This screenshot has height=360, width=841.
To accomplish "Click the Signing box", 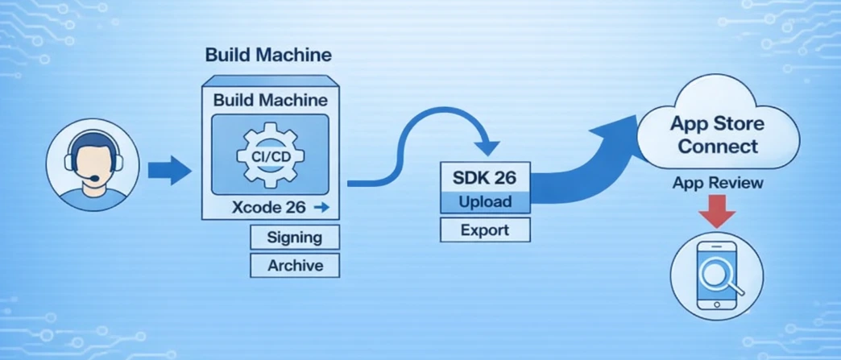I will pyautogui.click(x=294, y=238).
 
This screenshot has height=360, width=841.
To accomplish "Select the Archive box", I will pyautogui.click(x=295, y=265).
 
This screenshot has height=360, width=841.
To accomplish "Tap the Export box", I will pyautogui.click(x=484, y=230).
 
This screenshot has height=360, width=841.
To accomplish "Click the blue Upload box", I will pyautogui.click(x=485, y=201).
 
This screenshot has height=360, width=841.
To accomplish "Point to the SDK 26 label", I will pyautogui.click(x=485, y=175).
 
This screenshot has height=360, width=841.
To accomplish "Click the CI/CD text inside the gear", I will pyautogui.click(x=269, y=154).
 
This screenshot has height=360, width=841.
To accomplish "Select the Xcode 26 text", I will pyautogui.click(x=268, y=207).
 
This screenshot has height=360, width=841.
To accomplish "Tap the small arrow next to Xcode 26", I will pyautogui.click(x=321, y=207).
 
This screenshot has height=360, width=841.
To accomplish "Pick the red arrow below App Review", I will pyautogui.click(x=716, y=212).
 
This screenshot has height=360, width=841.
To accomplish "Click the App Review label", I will pyautogui.click(x=717, y=184).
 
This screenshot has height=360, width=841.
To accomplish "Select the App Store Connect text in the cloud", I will pyautogui.click(x=717, y=135).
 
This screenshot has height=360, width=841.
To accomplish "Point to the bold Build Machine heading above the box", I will pyautogui.click(x=268, y=56).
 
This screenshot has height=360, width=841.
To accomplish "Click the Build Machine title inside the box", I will pyautogui.click(x=270, y=101).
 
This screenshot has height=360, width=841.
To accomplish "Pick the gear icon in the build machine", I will pyautogui.click(x=269, y=154).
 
